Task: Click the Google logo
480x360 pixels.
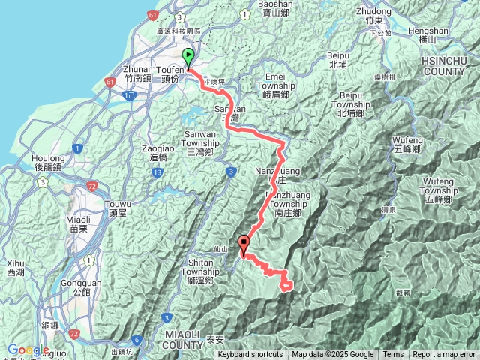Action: pos(28,349)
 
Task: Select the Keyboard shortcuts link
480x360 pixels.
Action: pos(250,355)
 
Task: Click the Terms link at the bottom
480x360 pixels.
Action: pos(393,355)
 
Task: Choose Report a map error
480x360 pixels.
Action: pos(444,355)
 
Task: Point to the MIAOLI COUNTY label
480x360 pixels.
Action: pos(184,338)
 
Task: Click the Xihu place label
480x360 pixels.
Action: pos(16,268)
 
